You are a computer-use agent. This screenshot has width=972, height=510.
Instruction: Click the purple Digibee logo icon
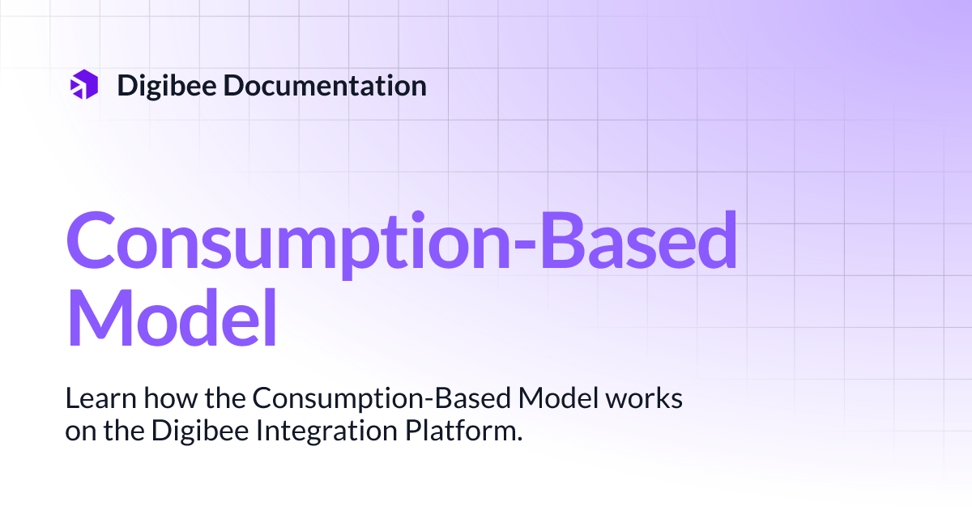[84, 85]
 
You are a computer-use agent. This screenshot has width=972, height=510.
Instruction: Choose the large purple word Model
[171, 317]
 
